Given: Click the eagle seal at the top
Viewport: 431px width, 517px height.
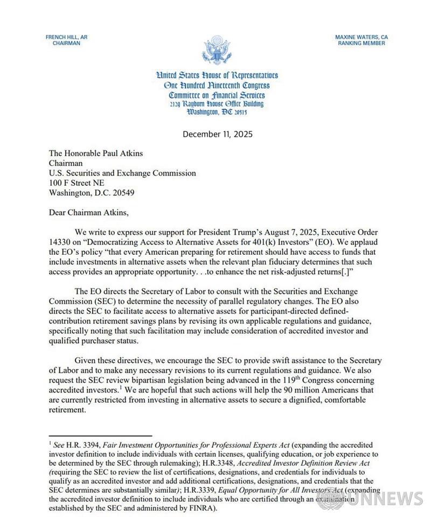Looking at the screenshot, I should [x=216, y=50].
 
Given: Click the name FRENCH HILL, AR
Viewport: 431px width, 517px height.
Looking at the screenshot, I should [x=67, y=37].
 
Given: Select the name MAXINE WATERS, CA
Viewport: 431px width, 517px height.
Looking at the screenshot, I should [x=362, y=37].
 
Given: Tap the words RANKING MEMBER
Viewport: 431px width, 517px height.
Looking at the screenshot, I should [x=362, y=43].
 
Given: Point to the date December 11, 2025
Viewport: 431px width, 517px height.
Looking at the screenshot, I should [x=217, y=134].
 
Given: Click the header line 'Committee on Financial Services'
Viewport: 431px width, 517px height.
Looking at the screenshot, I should [x=216, y=95].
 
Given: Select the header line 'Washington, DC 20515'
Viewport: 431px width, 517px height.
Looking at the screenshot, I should [x=216, y=111].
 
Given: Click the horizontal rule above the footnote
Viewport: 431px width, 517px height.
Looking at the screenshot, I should [x=100, y=436].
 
